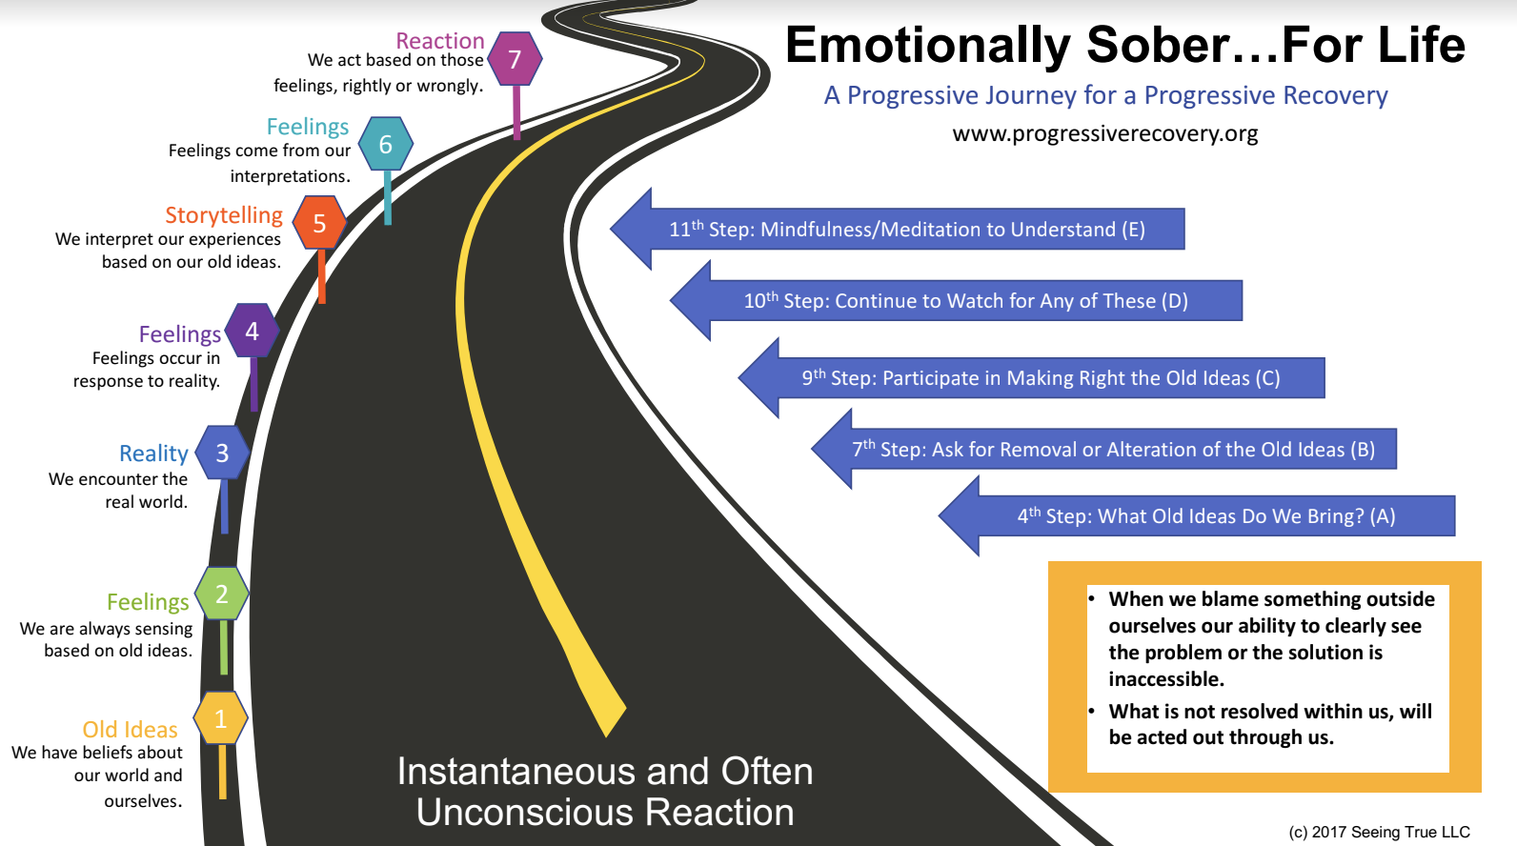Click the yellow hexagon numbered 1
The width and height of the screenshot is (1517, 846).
pos(221,718)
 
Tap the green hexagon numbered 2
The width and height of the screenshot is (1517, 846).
pos(222,594)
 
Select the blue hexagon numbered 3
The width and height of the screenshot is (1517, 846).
pos(222,453)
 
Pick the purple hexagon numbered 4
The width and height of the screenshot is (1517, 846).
pos(252,331)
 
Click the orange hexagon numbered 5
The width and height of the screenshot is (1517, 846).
pos(319,223)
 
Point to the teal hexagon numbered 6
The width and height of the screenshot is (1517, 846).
pos(386,144)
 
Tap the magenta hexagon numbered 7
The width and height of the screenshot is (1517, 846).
pos(515,59)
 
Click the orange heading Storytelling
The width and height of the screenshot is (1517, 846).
pos(224,215)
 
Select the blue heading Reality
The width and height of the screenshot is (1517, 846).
pos(153,453)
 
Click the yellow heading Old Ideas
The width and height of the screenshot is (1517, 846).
pos(130,730)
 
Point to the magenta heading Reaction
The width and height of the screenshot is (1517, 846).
pos(439,41)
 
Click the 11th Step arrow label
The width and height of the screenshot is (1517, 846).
pos(906,230)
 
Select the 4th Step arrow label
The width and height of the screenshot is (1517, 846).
pos(1205,516)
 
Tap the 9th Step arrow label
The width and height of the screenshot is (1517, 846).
pos(1041,378)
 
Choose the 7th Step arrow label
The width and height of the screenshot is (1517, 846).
pos(1113,450)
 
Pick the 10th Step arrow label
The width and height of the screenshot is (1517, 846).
pos(965,301)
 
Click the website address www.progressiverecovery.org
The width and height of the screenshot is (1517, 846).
pos(1104,133)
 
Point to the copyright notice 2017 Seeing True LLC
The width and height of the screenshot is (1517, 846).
pos(1379,832)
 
